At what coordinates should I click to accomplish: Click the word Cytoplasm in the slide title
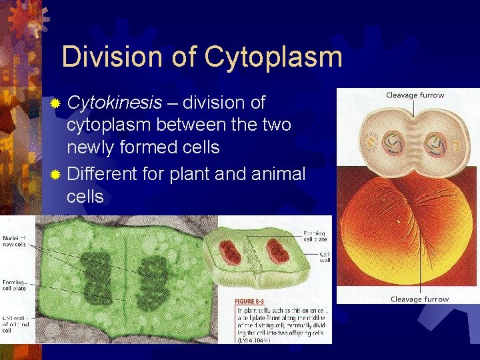point(273,57)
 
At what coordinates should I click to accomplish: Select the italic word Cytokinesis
point(114,103)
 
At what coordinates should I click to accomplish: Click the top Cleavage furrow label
point(415,95)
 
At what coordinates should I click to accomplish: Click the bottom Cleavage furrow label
point(419,299)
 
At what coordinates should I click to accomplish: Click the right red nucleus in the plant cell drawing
point(277,251)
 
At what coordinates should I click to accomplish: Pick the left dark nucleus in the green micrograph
point(98,272)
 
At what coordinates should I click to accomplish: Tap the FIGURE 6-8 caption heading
point(255,301)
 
